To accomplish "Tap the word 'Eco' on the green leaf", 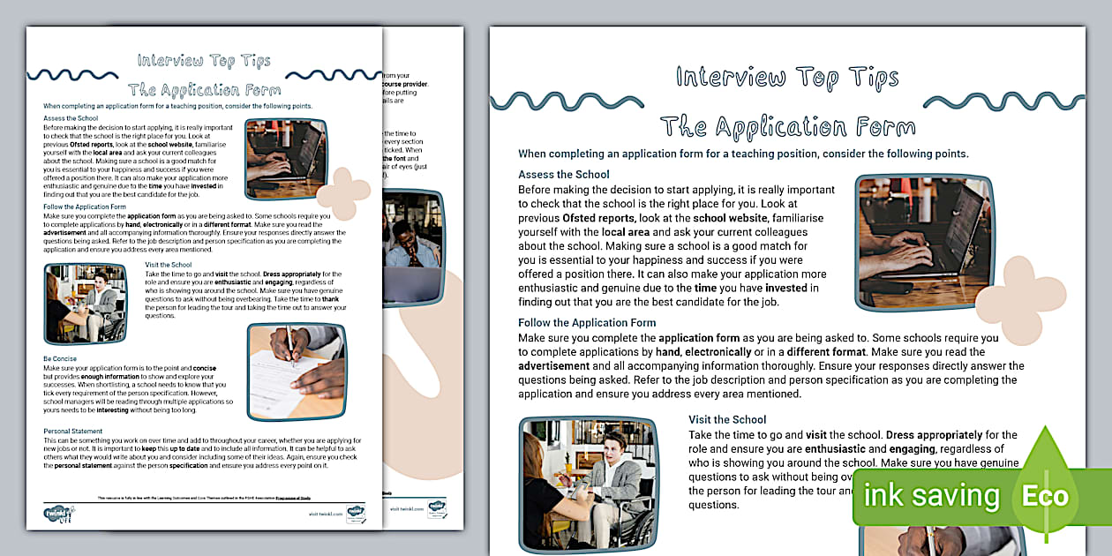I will [1045, 495].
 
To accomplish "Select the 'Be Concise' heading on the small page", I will [60, 359].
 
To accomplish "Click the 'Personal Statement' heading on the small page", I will [73, 431].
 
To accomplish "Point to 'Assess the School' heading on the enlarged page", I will [563, 175].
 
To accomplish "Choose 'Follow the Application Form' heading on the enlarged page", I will [587, 323].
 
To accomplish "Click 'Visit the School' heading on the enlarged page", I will [727, 419].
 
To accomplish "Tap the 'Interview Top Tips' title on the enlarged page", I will [787, 78].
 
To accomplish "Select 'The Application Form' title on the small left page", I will [204, 89].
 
